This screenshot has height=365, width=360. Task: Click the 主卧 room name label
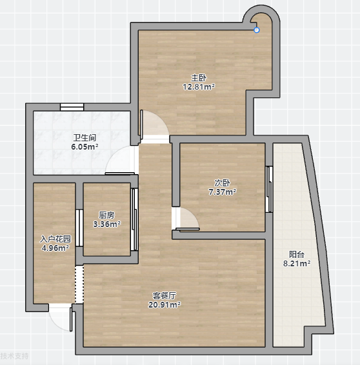pos(199,78)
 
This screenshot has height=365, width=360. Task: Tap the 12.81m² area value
pos(199,87)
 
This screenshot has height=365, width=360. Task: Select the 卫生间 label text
pos(85,138)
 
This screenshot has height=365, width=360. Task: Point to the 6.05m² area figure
pos(85,147)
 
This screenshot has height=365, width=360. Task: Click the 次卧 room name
pos(223,183)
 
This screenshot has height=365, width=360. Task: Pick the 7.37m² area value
pos(223,192)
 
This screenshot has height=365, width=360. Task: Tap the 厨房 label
pos(107,215)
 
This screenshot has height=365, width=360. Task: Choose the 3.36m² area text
pos(107,224)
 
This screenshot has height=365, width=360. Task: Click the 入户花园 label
pos(55,239)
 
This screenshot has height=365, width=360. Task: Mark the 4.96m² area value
pos(55,248)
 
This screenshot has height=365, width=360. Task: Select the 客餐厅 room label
pos(165,295)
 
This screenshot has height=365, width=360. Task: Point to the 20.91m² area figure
pos(165,305)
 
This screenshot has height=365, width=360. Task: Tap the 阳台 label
pos(297,255)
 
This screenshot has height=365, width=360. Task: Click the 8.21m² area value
pos(297,264)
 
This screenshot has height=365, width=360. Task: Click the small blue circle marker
pos(257,30)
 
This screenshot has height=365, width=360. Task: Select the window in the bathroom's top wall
pos(72,107)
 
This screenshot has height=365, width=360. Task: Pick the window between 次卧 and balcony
pos(269,189)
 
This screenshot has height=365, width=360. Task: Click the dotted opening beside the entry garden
pos(79,284)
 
